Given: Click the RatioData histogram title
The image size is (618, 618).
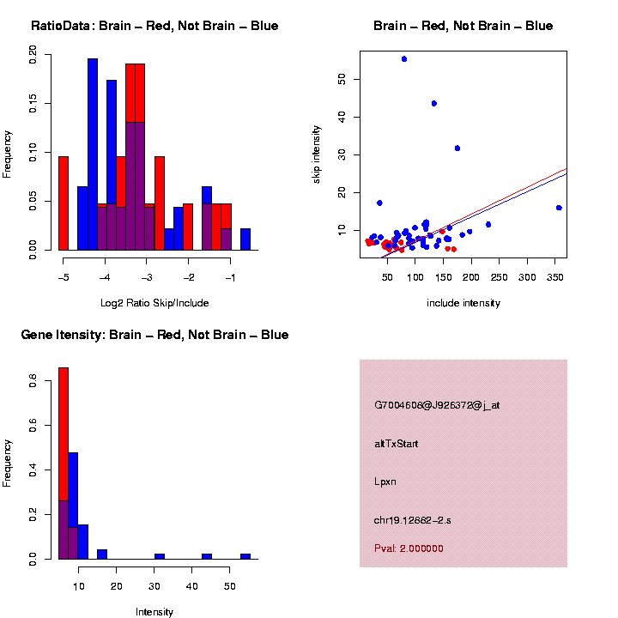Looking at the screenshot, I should pyautogui.click(x=154, y=26).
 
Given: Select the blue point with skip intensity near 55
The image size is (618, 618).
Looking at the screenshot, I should pyautogui.click(x=404, y=59).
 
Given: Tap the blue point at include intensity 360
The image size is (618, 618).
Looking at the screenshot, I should pyautogui.click(x=559, y=208).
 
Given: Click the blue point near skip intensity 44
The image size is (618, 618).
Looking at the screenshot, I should pyautogui.click(x=434, y=104).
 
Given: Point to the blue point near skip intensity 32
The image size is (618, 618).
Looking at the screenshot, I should pyautogui.click(x=457, y=148).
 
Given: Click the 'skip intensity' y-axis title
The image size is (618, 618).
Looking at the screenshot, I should pyautogui.click(x=317, y=152).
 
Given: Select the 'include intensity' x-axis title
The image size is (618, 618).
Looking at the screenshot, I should pyautogui.click(x=463, y=303).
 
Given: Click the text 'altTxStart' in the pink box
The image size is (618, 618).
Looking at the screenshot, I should pyautogui.click(x=397, y=444).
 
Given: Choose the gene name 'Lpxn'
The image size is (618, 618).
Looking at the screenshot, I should pyautogui.click(x=385, y=482).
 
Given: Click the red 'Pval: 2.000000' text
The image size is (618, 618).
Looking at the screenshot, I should pyautogui.click(x=409, y=548).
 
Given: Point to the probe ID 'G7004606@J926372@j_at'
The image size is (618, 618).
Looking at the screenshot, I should pyautogui.click(x=437, y=405).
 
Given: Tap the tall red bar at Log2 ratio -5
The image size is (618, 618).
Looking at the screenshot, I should pyautogui.click(x=63, y=203).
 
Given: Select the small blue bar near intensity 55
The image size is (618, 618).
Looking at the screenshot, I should pyautogui.click(x=245, y=556).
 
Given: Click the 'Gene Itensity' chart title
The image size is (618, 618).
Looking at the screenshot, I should pyautogui.click(x=154, y=335).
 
